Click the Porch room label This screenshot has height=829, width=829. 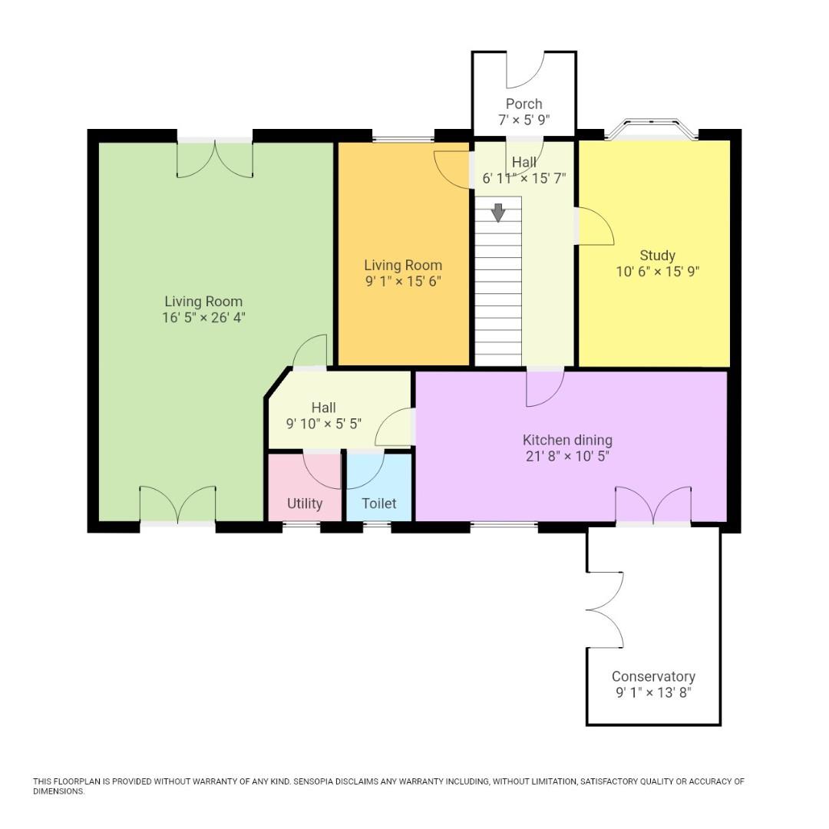coord(523,104)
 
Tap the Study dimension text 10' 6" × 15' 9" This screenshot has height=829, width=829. coord(657,271)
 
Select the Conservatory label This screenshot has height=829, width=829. coord(653,676)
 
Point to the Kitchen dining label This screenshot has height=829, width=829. coord(567,440)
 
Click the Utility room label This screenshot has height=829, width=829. coord(305,504)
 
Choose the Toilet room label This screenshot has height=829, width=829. coord(379,504)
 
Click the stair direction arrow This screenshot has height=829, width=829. coord(498,212)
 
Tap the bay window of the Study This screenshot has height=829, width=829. coord(652,128)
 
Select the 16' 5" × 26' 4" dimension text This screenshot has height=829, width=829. coord(203,317)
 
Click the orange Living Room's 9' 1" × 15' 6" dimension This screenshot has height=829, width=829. coord(403,281)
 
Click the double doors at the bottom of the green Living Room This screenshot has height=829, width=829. coord(177,507)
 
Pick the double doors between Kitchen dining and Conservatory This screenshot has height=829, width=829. coord(653,507)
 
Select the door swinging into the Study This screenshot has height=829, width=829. coord(594,226)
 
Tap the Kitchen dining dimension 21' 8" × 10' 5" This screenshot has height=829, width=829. coord(567,456)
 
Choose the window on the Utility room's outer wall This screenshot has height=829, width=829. coord(302,526)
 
